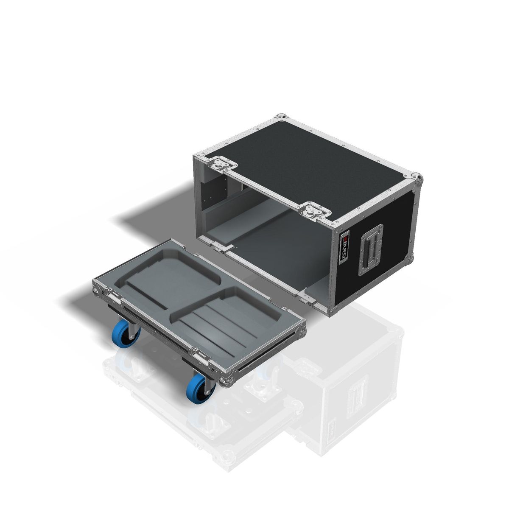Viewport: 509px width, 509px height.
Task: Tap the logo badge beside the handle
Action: pyautogui.click(x=345, y=248)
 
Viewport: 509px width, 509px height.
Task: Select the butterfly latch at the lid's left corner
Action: pyautogui.click(x=221, y=163)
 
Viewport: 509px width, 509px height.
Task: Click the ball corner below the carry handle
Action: pyautogui.click(x=409, y=257)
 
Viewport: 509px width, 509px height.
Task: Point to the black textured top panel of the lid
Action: pyautogui.click(x=314, y=161)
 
